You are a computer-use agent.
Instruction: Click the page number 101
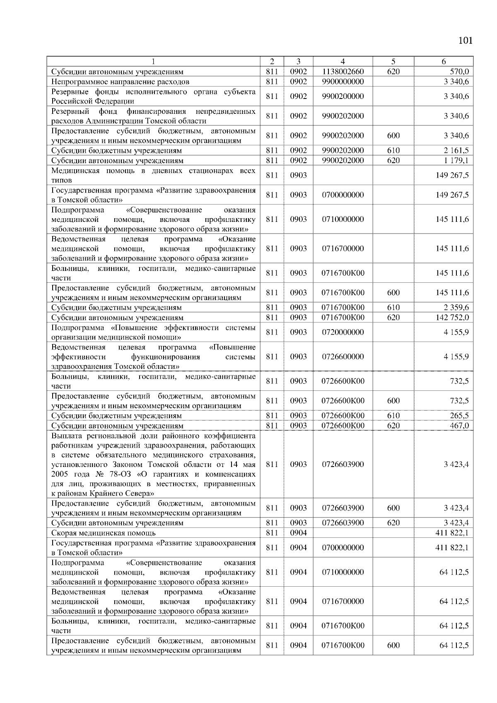465,41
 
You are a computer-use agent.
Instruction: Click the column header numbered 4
343,62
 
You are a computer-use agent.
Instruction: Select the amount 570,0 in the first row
460,72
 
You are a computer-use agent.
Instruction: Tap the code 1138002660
343,72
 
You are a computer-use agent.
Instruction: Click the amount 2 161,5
456,150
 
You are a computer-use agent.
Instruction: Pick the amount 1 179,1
456,160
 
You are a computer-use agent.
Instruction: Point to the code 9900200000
343,96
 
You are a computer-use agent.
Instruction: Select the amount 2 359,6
456,308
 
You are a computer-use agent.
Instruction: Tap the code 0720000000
343,332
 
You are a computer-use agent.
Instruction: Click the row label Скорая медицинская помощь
104,533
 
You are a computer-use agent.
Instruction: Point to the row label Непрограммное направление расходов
120,82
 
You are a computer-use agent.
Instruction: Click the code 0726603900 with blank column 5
343,465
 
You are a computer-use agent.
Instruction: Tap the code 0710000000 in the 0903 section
343,219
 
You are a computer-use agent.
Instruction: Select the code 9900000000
343,82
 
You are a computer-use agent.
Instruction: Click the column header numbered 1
153,62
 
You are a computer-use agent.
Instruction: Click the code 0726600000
343,356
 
